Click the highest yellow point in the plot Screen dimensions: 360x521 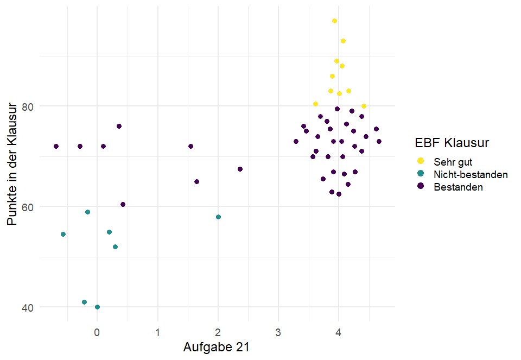[334, 21]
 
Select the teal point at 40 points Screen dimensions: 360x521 [97, 307]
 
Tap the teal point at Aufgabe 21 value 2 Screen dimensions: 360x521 [218, 217]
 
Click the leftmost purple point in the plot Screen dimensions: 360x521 [56, 146]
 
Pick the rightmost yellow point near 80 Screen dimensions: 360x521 [364, 106]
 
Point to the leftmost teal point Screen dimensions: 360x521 [63, 234]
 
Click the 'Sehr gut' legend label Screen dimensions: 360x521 [453, 162]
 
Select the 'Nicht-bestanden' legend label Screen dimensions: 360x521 [471, 174]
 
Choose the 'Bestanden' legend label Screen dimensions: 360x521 [458, 187]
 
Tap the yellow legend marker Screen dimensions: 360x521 [420, 162]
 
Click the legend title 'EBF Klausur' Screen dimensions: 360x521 [452, 143]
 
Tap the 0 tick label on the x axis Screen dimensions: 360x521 [97, 331]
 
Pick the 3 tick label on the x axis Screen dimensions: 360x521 [278, 331]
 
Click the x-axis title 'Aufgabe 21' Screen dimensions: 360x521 [217, 346]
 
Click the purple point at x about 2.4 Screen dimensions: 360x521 [240, 169]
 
